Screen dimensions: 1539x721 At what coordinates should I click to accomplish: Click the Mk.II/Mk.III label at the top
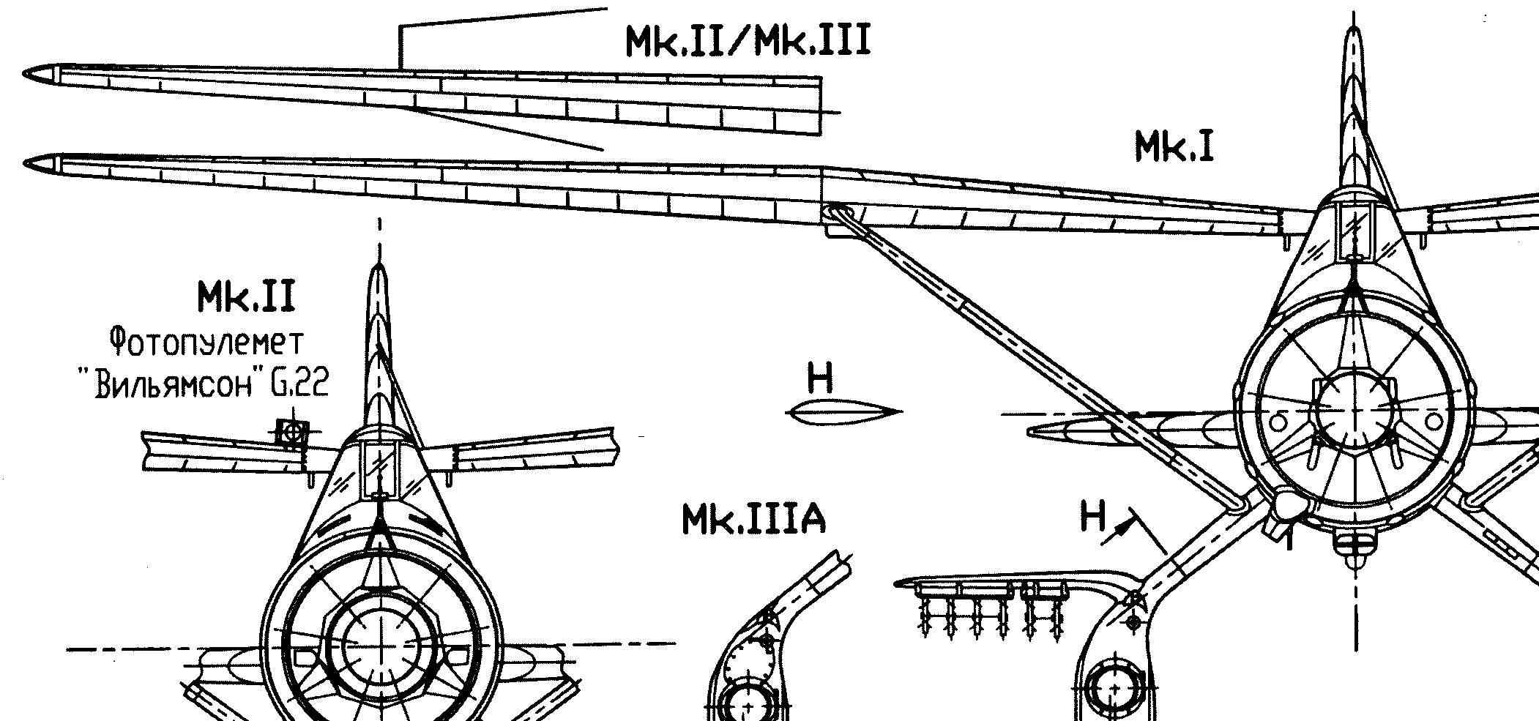(x=748, y=41)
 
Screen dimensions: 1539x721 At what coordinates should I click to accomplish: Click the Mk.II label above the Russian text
(x=245, y=297)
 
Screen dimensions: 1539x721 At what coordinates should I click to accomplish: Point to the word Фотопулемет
(x=206, y=342)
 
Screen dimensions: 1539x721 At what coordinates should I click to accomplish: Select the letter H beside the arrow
(x=1093, y=517)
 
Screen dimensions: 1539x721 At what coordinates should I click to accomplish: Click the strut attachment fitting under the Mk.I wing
(x=837, y=220)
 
